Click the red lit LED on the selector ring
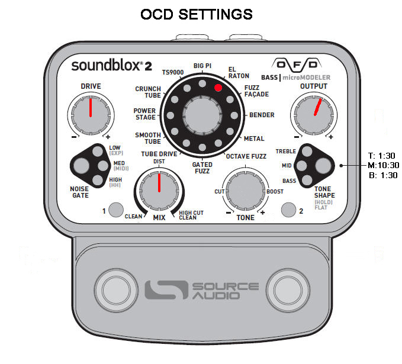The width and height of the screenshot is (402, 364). tap(218, 88)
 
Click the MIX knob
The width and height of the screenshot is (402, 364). tap(159, 191)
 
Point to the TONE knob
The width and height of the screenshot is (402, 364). tap(245, 191)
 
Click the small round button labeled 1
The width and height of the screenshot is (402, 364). tap(116, 210)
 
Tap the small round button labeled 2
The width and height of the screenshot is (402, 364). tap(289, 210)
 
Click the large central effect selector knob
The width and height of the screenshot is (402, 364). tap(202, 115)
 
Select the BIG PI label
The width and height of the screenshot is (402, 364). tap(202, 66)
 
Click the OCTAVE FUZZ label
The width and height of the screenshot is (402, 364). tap(246, 156)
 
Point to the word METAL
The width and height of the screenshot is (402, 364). tap(254, 138)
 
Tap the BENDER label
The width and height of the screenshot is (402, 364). tap(262, 115)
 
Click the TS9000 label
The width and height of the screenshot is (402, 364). tap(173, 73)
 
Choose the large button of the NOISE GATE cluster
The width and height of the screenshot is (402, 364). tap(81, 165)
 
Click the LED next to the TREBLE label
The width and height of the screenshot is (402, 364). tap(307, 152)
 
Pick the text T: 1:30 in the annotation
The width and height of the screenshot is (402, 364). tap(382, 156)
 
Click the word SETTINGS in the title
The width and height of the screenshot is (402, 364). tap(216, 14)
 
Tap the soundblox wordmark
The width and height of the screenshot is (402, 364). tap(106, 65)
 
